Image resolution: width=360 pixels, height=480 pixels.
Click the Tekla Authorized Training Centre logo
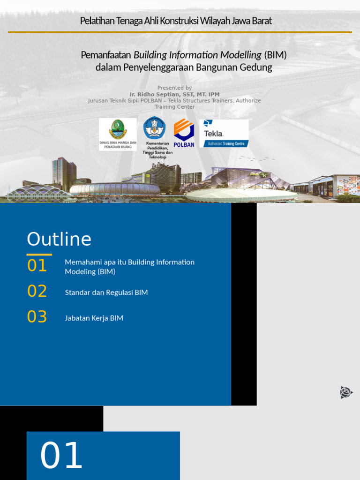[224, 133]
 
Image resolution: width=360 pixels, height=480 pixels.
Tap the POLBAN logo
[184, 133]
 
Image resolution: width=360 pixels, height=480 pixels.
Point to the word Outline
[59, 239]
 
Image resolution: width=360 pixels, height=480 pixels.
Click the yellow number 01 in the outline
[37, 266]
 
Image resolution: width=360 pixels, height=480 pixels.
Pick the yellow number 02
[37, 291]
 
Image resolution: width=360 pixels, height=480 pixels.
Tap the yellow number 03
[37, 317]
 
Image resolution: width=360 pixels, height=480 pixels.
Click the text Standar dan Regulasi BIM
[106, 292]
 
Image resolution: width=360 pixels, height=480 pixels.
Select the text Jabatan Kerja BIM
[94, 318]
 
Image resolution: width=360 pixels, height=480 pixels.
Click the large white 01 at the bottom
[61, 456]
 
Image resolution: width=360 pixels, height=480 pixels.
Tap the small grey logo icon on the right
[346, 392]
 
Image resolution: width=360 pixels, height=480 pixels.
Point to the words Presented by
[174, 88]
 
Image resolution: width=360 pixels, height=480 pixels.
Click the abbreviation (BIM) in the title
[275, 55]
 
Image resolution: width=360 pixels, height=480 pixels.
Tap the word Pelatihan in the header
[95, 21]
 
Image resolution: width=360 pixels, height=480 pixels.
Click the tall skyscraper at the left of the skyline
[63, 171]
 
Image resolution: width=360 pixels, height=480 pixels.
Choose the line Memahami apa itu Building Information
[129, 262]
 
